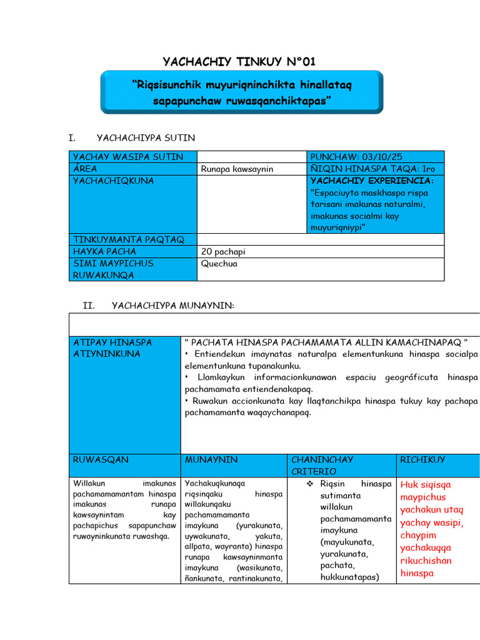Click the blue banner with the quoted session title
(x=242, y=92)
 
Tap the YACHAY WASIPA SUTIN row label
(x=129, y=156)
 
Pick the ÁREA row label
(x=85, y=169)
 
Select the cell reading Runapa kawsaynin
(x=237, y=169)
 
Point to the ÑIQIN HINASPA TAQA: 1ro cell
(x=372, y=169)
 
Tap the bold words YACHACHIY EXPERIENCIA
(x=371, y=181)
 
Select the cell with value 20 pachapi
(x=224, y=251)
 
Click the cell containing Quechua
(x=219, y=264)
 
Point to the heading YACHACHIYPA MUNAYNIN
(x=172, y=305)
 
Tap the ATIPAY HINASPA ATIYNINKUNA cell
(x=112, y=348)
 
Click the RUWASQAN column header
(x=101, y=459)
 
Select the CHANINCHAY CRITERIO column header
(x=322, y=465)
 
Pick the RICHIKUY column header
(x=423, y=459)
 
